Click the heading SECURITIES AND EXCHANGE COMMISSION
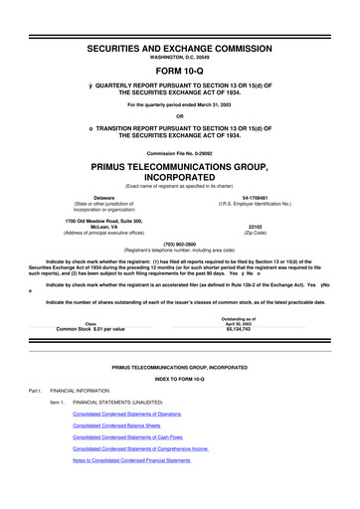tap(180, 22)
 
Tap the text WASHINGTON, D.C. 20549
tap(180, 35)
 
